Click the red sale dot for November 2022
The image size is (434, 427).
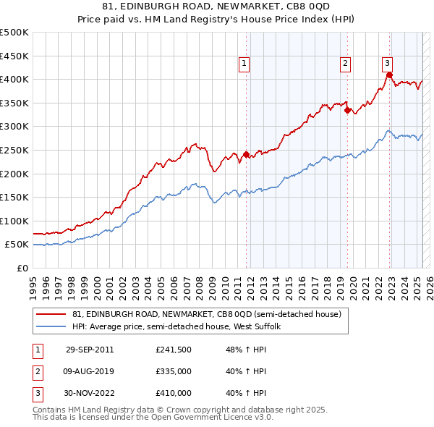(389, 75)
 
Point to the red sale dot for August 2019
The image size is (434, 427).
(347, 110)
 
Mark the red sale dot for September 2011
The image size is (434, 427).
(247, 154)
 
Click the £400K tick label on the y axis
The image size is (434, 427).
(15, 79)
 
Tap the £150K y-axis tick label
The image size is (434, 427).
(15, 197)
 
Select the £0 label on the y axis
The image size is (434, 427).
(23, 268)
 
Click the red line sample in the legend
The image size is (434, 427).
(51, 314)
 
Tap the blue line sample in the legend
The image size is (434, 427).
(51, 327)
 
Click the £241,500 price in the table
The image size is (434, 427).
(174, 350)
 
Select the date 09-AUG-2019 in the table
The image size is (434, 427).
(90, 371)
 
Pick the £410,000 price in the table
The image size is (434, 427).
(174, 393)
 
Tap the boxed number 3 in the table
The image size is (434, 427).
(37, 393)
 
